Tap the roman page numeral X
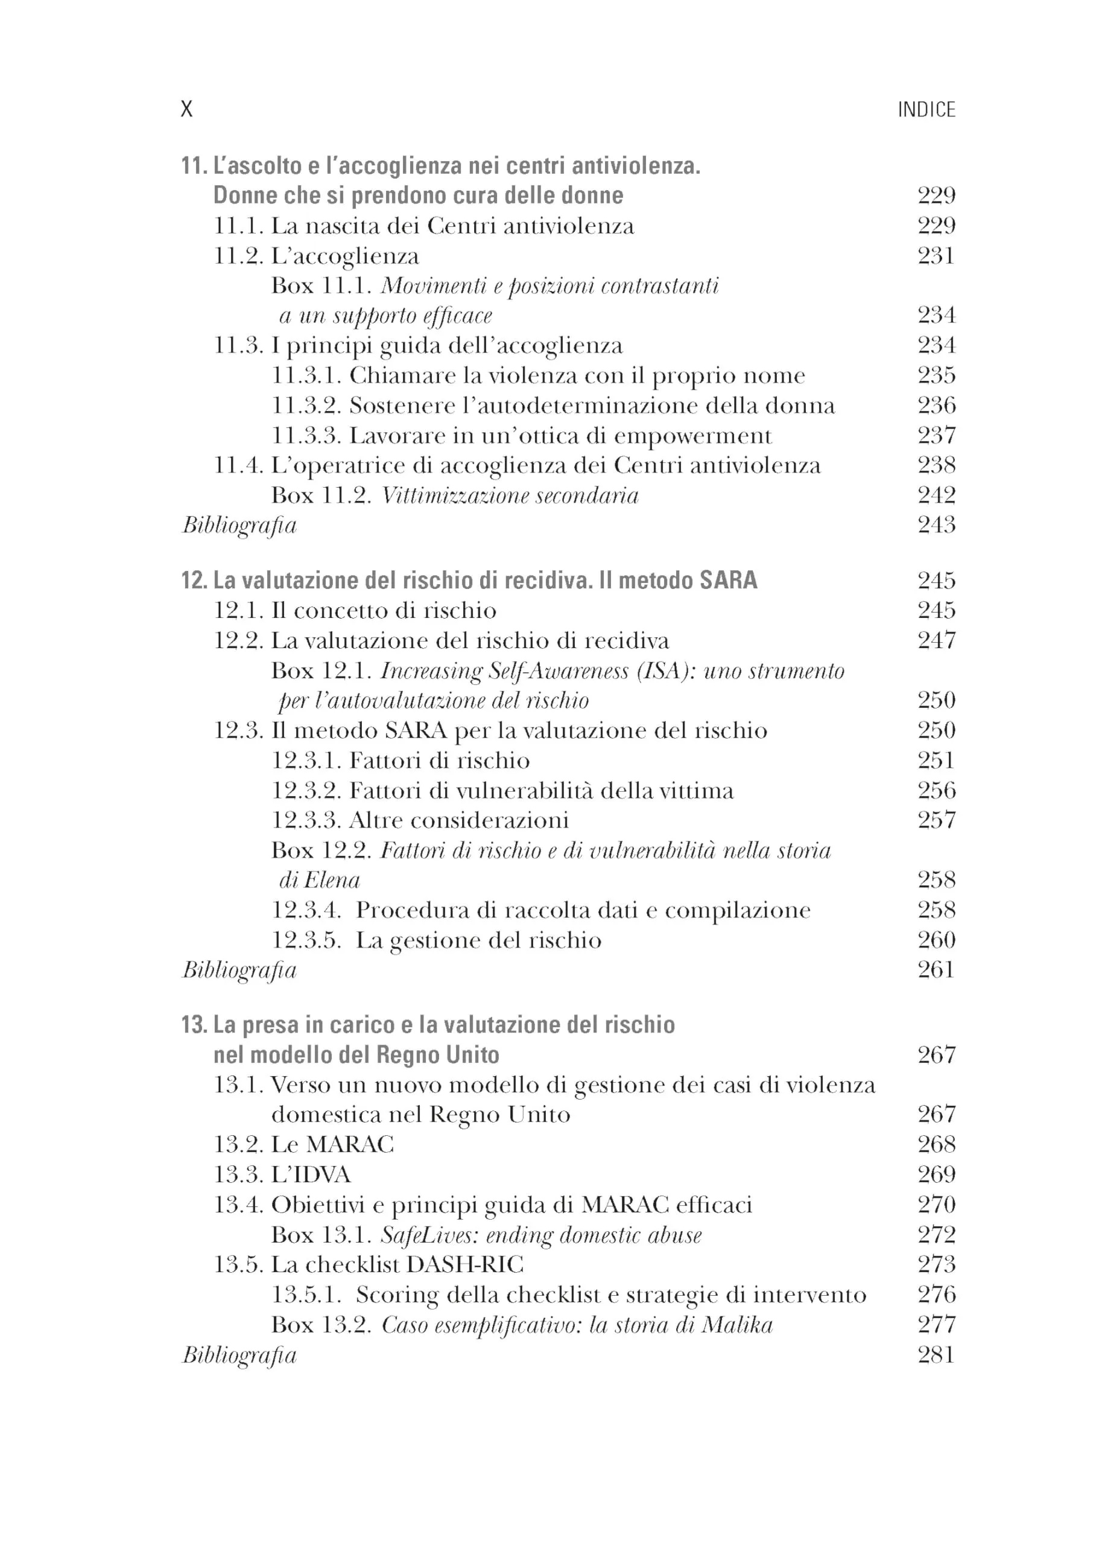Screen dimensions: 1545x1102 186,109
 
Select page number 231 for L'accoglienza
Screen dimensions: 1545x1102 936,256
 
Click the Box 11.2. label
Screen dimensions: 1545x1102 321,495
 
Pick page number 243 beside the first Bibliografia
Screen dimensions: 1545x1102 936,524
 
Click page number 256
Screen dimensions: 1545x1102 936,790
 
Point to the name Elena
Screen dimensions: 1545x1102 332,881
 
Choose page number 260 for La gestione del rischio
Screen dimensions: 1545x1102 936,940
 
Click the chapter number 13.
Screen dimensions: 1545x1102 194,1025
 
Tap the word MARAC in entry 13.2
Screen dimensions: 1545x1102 349,1144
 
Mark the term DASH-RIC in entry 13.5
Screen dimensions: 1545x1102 465,1264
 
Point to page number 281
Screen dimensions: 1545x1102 936,1355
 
